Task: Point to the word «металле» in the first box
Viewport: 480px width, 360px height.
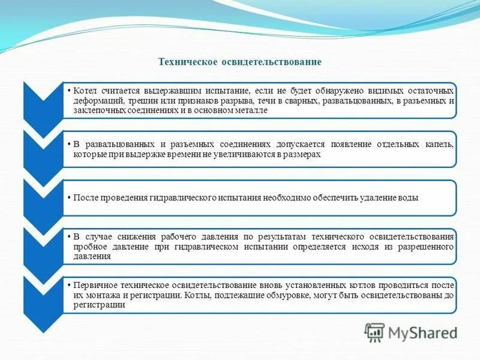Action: click(251, 111)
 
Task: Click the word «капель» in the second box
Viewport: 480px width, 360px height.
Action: click(438, 145)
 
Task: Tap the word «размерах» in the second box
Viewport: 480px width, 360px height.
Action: click(303, 154)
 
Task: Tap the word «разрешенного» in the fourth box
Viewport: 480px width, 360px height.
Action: click(427, 247)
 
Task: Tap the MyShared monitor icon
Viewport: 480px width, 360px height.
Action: click(375, 332)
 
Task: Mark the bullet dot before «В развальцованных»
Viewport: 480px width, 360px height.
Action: click(70, 145)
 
